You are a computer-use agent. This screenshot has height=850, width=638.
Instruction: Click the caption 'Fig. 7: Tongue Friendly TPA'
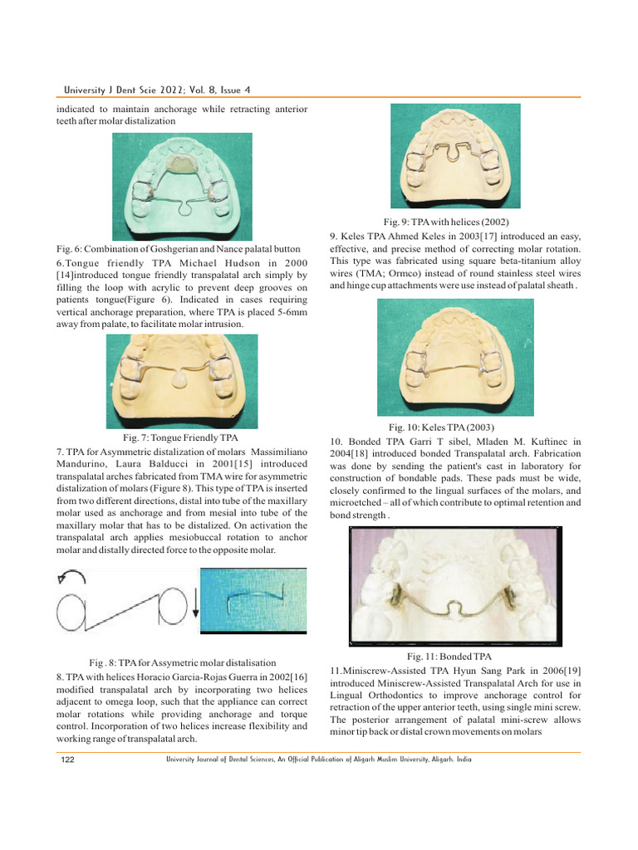coord(180,437)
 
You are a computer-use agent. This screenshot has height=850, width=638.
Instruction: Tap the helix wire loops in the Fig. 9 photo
coord(452,155)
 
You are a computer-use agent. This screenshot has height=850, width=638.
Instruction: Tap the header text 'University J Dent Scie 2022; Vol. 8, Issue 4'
coord(157,89)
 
